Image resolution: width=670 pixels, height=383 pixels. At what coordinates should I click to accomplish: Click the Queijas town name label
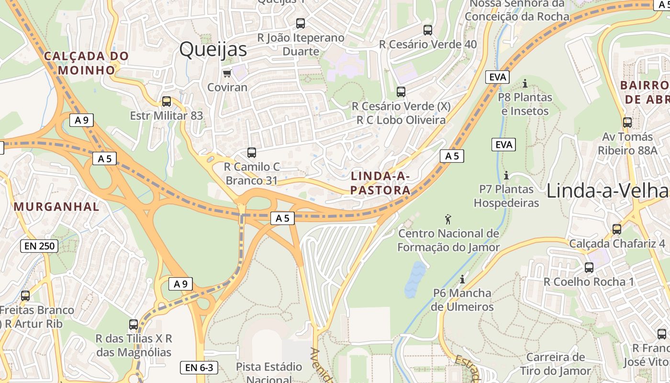click(213, 49)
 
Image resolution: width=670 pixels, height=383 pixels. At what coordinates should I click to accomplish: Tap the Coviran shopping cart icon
click(227, 73)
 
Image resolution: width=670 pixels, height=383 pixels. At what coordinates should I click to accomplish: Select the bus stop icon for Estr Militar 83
click(167, 101)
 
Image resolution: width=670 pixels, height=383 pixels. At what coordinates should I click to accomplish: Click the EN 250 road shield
click(39, 246)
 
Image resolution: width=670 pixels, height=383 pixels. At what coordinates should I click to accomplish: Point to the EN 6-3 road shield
click(199, 368)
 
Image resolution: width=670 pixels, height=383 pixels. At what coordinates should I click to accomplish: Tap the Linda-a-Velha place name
click(607, 191)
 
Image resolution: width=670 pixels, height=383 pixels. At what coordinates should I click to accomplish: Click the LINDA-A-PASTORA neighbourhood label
click(380, 183)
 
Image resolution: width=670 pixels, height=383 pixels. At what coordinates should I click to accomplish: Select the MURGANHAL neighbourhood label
click(56, 207)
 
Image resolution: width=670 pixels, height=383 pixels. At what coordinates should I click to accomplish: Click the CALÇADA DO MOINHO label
click(87, 63)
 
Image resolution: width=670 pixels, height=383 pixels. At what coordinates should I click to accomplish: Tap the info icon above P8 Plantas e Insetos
click(525, 84)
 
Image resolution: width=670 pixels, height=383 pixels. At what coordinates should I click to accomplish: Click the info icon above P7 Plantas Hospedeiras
click(506, 175)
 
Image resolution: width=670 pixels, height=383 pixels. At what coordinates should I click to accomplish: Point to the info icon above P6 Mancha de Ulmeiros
click(462, 279)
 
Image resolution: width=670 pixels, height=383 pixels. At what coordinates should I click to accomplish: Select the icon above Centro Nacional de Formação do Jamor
click(448, 219)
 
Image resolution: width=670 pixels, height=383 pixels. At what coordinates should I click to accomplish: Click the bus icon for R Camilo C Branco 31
click(252, 153)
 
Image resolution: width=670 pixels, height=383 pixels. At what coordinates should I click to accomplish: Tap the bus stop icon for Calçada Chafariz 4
click(617, 229)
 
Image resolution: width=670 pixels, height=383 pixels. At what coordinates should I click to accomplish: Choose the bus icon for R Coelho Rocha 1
click(589, 268)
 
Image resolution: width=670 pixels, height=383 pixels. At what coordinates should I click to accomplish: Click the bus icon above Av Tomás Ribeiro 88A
click(627, 123)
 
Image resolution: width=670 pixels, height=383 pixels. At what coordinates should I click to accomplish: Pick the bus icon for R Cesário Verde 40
click(428, 30)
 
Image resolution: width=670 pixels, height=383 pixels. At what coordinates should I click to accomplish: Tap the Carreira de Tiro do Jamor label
click(556, 364)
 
